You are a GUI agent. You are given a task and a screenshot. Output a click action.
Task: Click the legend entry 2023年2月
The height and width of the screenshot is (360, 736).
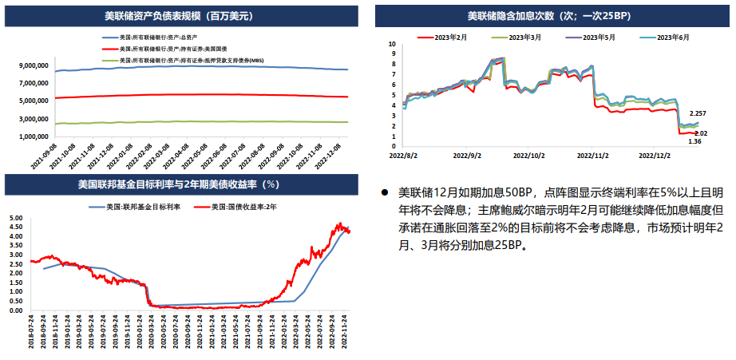(457, 37)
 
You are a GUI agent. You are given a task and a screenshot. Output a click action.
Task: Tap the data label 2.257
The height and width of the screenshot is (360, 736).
(698, 114)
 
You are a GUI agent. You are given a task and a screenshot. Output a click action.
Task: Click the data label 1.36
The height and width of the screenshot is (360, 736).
(694, 141)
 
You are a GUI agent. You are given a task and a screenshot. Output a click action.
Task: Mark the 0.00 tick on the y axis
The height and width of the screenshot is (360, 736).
(14, 311)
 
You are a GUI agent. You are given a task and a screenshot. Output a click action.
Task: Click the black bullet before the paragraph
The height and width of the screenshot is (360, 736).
(384, 192)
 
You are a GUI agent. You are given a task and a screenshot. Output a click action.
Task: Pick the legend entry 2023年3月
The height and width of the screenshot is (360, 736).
(528, 37)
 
